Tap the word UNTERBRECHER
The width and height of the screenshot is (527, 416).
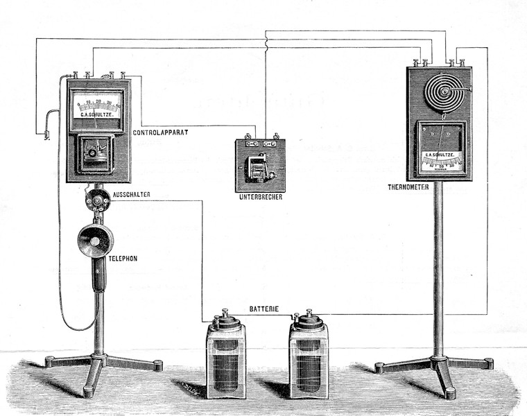click(x=259, y=198)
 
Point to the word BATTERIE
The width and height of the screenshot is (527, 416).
click(x=266, y=306)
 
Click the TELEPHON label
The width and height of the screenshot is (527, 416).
click(x=123, y=258)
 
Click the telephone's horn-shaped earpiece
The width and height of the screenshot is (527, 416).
click(x=95, y=240)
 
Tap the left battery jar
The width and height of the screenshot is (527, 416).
click(x=225, y=358)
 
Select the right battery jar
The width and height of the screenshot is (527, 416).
click(x=309, y=358)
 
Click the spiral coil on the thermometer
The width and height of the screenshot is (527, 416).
click(x=440, y=92)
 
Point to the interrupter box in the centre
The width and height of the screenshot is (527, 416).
click(x=260, y=166)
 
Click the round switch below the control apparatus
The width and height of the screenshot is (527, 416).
click(x=96, y=200)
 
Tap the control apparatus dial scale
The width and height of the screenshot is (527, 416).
click(x=98, y=107)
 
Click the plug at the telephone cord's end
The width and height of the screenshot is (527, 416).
click(x=46, y=134)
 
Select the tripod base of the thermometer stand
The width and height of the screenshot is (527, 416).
click(x=436, y=367)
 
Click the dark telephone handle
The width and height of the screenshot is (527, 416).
click(x=98, y=274)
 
